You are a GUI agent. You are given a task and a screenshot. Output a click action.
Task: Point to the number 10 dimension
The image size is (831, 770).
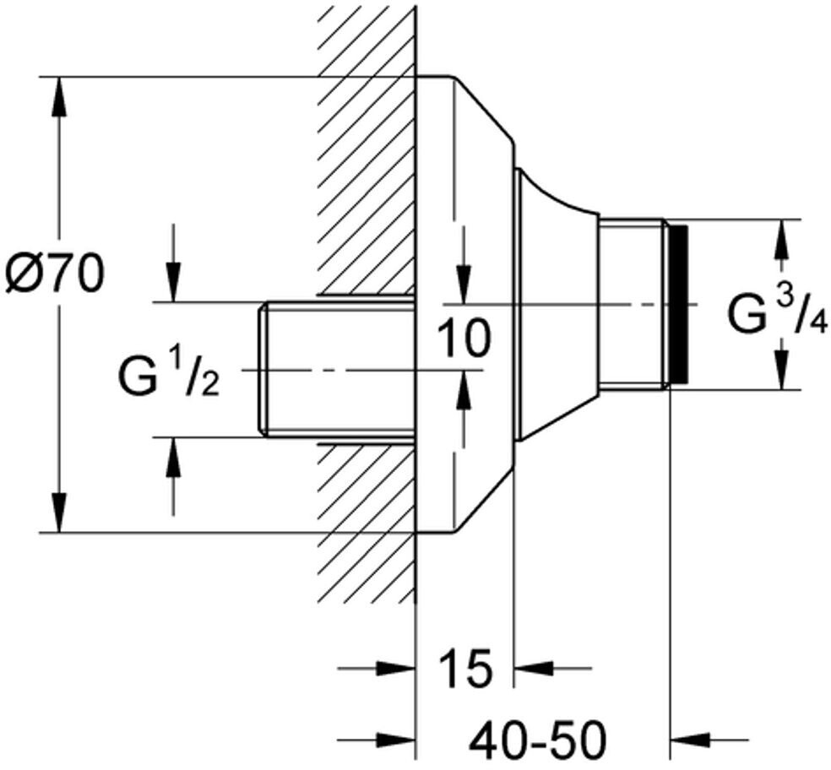pos(463,339)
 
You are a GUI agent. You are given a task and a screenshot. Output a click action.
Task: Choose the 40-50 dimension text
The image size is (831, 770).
pos(538,741)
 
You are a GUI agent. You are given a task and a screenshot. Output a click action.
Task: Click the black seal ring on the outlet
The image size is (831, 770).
pos(677,304)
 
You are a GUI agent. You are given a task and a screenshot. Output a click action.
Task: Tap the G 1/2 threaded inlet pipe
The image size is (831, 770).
pos(338,369)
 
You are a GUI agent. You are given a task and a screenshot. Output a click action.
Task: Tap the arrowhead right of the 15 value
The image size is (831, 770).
pos(532,670)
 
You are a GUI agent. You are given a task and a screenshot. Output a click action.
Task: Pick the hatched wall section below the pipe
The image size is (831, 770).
pos(367,523)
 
